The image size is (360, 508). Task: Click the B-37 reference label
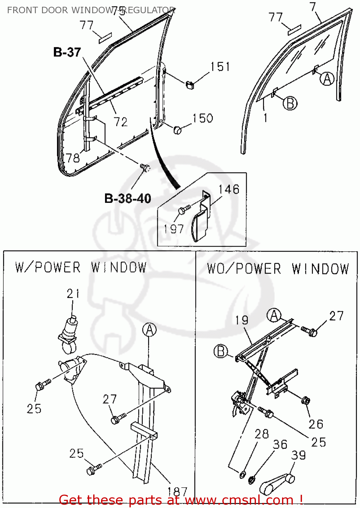click(67, 52)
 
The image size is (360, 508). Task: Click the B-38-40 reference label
click(127, 198)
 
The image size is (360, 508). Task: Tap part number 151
click(220, 67)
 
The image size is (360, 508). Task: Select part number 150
click(203, 118)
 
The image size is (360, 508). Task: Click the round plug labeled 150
click(177, 129)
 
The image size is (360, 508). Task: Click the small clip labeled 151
click(190, 84)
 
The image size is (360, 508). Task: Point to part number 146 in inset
click(229, 189)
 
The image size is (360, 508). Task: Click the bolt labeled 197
click(183, 210)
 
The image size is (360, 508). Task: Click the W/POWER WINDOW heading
click(81, 268)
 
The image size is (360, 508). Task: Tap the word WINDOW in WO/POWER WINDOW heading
click(320, 269)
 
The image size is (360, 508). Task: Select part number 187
click(177, 491)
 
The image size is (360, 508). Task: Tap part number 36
click(280, 444)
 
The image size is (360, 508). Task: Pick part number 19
click(242, 320)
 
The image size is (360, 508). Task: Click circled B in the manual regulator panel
click(221, 351)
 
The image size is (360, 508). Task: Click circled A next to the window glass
click(327, 79)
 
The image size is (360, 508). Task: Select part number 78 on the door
click(73, 158)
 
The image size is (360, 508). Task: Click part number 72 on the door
click(121, 122)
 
